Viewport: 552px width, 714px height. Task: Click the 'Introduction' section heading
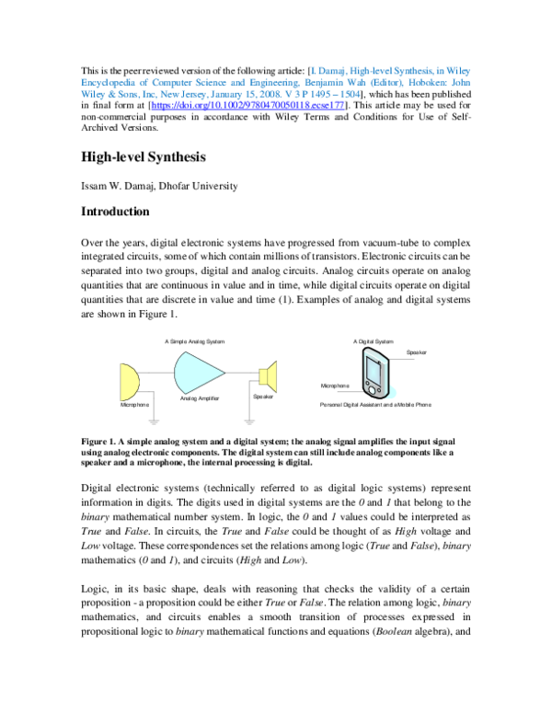[116, 212]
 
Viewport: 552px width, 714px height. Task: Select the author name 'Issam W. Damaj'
[121, 186]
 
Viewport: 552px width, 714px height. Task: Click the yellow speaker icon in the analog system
[268, 377]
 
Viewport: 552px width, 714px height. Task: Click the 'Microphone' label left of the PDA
[334, 386]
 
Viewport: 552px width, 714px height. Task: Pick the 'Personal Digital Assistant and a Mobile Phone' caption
[375, 405]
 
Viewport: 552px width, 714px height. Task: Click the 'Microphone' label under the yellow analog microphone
[135, 405]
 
